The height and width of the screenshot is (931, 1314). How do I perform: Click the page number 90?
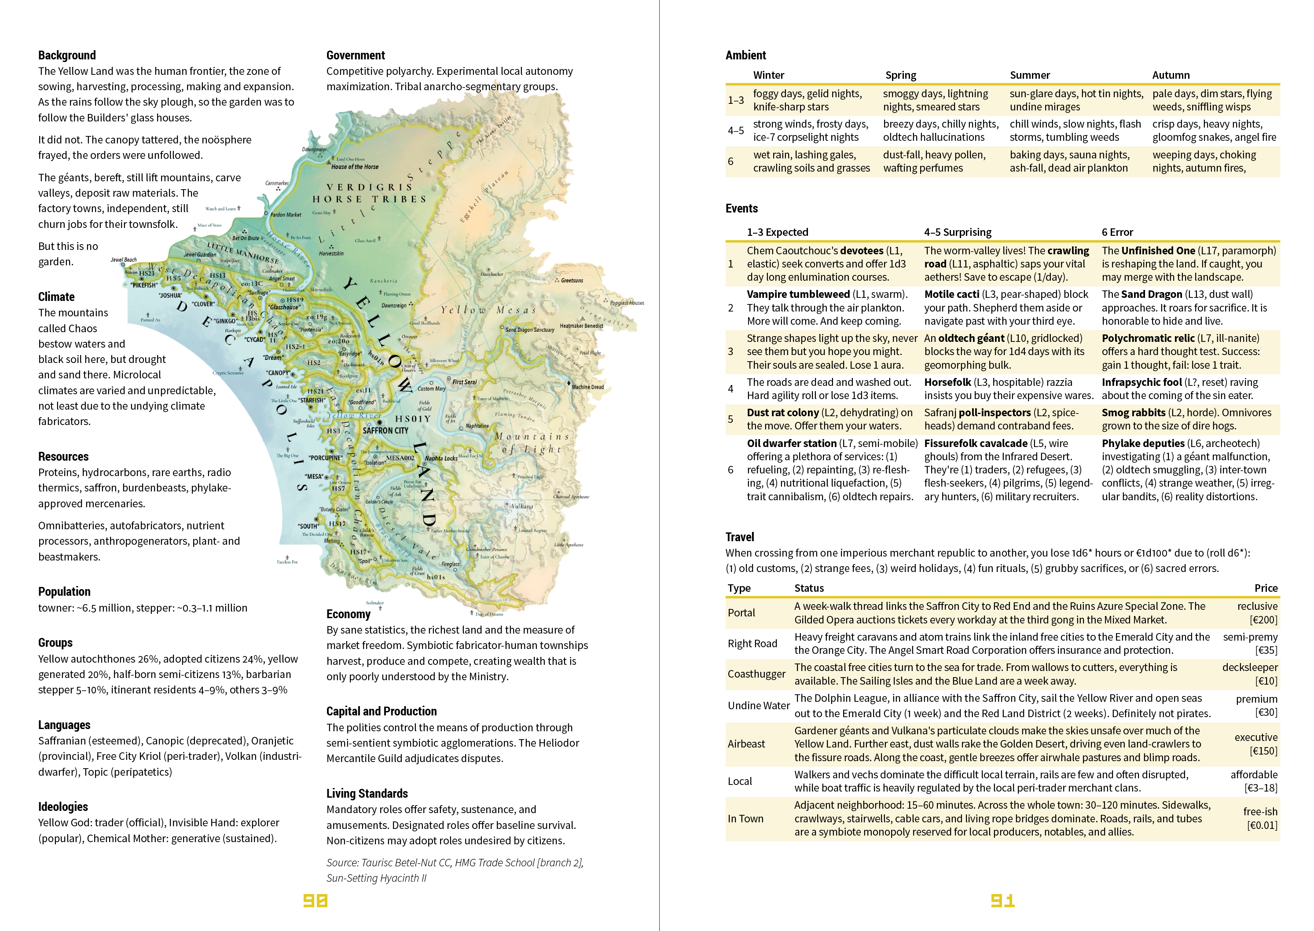[x=315, y=901]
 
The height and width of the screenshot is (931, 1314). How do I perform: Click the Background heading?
[x=67, y=55]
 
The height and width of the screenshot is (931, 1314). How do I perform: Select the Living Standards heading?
[x=367, y=793]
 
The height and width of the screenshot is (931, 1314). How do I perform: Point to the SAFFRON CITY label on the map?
[x=385, y=431]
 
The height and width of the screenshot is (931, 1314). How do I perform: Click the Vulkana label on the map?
[x=522, y=506]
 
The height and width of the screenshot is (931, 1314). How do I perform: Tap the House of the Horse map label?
[x=355, y=167]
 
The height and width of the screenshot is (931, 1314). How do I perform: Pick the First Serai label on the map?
[x=464, y=382]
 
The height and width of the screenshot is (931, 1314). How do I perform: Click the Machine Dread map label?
[x=587, y=387]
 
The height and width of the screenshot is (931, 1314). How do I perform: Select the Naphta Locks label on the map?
[x=441, y=458]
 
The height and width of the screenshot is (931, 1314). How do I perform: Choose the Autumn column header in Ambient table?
[x=1171, y=75]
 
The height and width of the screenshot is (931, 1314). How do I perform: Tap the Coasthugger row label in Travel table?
[x=756, y=674]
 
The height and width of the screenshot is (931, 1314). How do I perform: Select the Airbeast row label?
[x=746, y=744]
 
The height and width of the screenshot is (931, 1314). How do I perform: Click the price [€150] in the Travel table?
[x=1263, y=751]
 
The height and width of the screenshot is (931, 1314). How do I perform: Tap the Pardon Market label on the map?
[x=286, y=215]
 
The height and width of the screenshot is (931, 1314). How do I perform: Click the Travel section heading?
[x=740, y=537]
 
